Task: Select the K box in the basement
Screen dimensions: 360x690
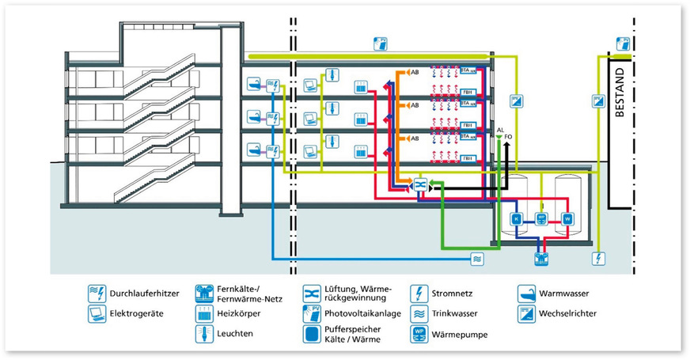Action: [516, 218]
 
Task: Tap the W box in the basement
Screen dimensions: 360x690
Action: [567, 218]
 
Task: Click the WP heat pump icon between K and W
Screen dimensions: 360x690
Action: [541, 218]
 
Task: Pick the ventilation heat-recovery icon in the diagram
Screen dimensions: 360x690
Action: [419, 185]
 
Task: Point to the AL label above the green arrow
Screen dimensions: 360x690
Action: [500, 129]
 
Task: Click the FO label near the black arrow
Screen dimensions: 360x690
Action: [508, 137]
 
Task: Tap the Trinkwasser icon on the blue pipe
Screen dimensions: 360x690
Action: [476, 258]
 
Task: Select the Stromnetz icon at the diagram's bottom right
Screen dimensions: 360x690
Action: [597, 258]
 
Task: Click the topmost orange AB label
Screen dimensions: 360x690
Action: [414, 73]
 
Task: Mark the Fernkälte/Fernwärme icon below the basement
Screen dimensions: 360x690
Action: [541, 255]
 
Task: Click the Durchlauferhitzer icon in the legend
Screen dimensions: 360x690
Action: [96, 294]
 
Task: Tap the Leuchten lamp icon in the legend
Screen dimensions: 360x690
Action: [203, 334]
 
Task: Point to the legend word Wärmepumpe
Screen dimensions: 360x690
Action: [460, 335]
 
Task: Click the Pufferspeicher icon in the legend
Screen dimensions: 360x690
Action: [311, 334]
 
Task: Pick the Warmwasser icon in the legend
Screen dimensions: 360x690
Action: [525, 294]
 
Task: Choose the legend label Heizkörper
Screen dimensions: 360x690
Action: [238, 314]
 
